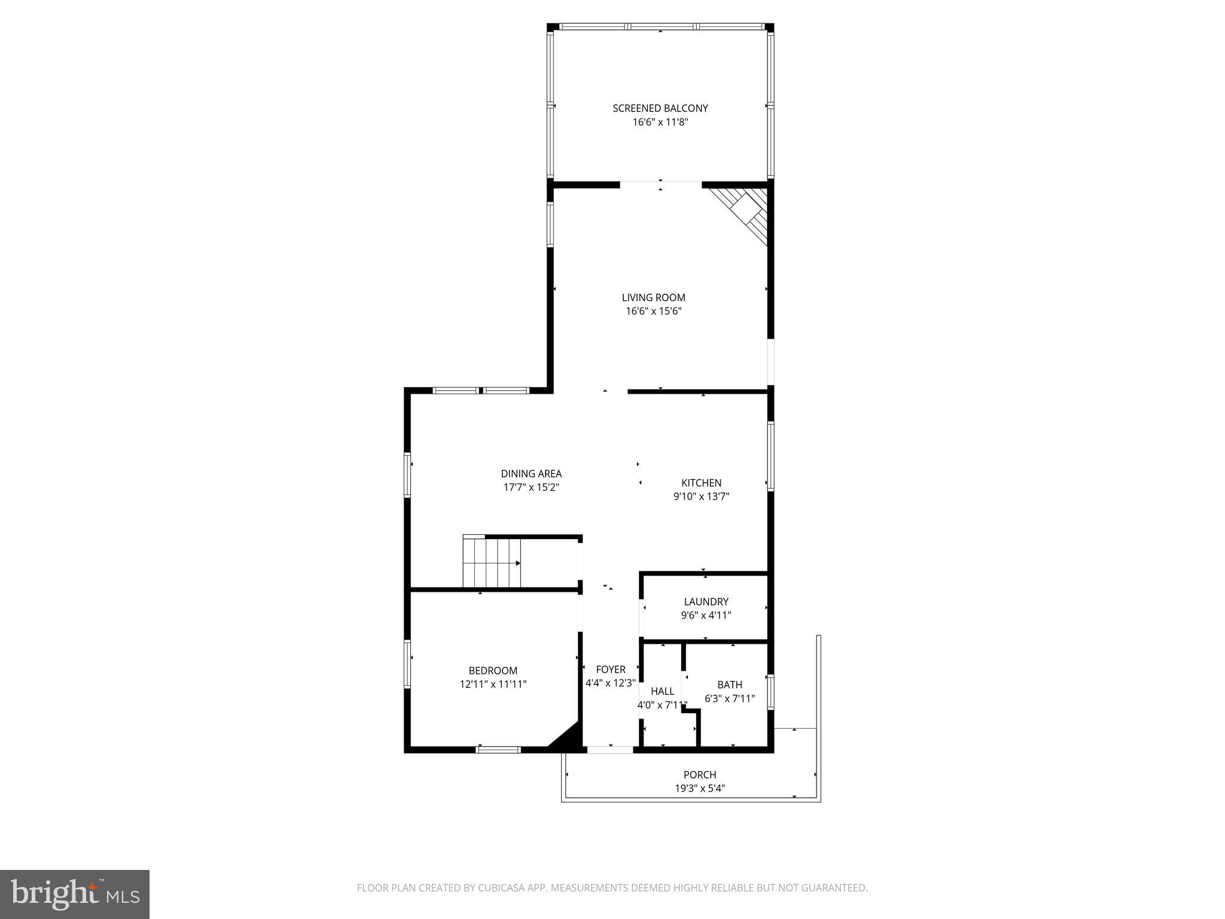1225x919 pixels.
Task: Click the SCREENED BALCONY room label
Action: pos(660,108)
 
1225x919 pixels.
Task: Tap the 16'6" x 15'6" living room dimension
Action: pos(653,311)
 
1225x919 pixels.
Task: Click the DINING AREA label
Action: pos(531,474)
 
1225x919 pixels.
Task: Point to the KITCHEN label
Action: pos(701,483)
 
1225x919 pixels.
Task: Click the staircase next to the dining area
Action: pos(491,563)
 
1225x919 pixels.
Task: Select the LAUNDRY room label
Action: pos(706,602)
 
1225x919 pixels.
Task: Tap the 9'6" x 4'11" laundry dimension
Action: pos(706,615)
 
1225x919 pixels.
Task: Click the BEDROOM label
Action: pos(493,671)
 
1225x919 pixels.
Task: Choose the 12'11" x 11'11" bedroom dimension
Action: pos(493,684)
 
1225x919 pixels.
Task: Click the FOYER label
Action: pos(611,670)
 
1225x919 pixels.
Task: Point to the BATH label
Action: pos(730,684)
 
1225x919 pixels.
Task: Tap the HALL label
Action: pos(662,691)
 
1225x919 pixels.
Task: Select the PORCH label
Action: pos(700,775)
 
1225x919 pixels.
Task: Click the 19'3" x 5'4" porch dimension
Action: pos(700,789)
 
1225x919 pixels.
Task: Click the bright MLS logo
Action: pos(75,894)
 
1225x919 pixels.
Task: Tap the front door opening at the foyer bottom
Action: pos(610,749)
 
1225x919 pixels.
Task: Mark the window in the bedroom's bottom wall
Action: pos(498,749)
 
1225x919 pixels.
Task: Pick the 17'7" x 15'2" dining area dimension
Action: pos(531,488)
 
